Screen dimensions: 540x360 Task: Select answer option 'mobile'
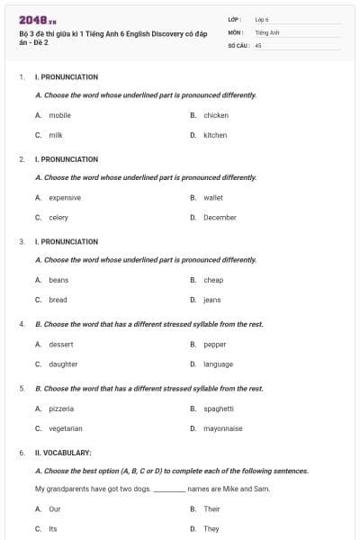[x=59, y=115]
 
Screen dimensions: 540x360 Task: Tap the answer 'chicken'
[x=215, y=115]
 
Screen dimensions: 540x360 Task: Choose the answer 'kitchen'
[x=215, y=135]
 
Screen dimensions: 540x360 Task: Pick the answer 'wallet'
[x=213, y=197]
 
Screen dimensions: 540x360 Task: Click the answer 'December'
[x=220, y=217]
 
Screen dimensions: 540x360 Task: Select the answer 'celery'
[x=58, y=217]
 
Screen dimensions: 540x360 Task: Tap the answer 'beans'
[x=58, y=280]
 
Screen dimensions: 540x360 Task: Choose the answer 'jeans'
[x=211, y=300]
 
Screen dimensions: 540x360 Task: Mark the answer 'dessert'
[x=61, y=344]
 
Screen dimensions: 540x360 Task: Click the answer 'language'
[x=218, y=364]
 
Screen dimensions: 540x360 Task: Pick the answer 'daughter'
[x=63, y=364]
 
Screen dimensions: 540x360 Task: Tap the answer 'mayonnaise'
[x=222, y=428]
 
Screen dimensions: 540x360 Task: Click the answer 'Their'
[x=211, y=508]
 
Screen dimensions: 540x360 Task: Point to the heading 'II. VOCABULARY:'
[x=63, y=452]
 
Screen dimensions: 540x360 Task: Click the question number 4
[x=22, y=324]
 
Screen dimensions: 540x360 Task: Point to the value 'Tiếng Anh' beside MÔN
[x=267, y=31]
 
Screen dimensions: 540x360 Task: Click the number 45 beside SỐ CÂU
[x=258, y=44]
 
